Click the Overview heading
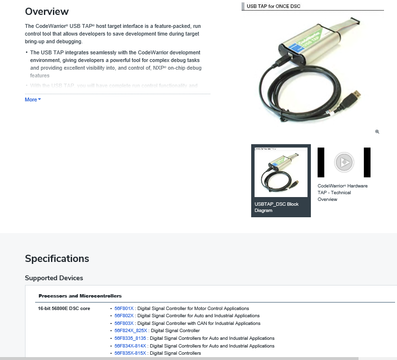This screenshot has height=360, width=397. click(47, 12)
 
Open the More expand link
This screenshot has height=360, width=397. click(33, 99)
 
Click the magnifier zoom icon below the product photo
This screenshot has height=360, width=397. click(377, 132)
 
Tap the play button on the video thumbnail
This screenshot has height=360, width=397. click(344, 162)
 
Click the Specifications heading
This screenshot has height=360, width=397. click(57, 259)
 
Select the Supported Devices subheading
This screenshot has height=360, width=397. click(54, 278)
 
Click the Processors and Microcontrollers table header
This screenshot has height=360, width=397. click(80, 296)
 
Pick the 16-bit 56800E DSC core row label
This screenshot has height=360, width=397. click(64, 308)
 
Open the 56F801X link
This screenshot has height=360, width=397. click(124, 309)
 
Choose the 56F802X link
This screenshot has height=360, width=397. click(124, 316)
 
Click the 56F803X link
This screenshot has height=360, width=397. click(124, 323)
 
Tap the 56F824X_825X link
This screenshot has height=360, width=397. click(131, 331)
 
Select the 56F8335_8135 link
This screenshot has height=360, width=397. click(130, 338)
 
